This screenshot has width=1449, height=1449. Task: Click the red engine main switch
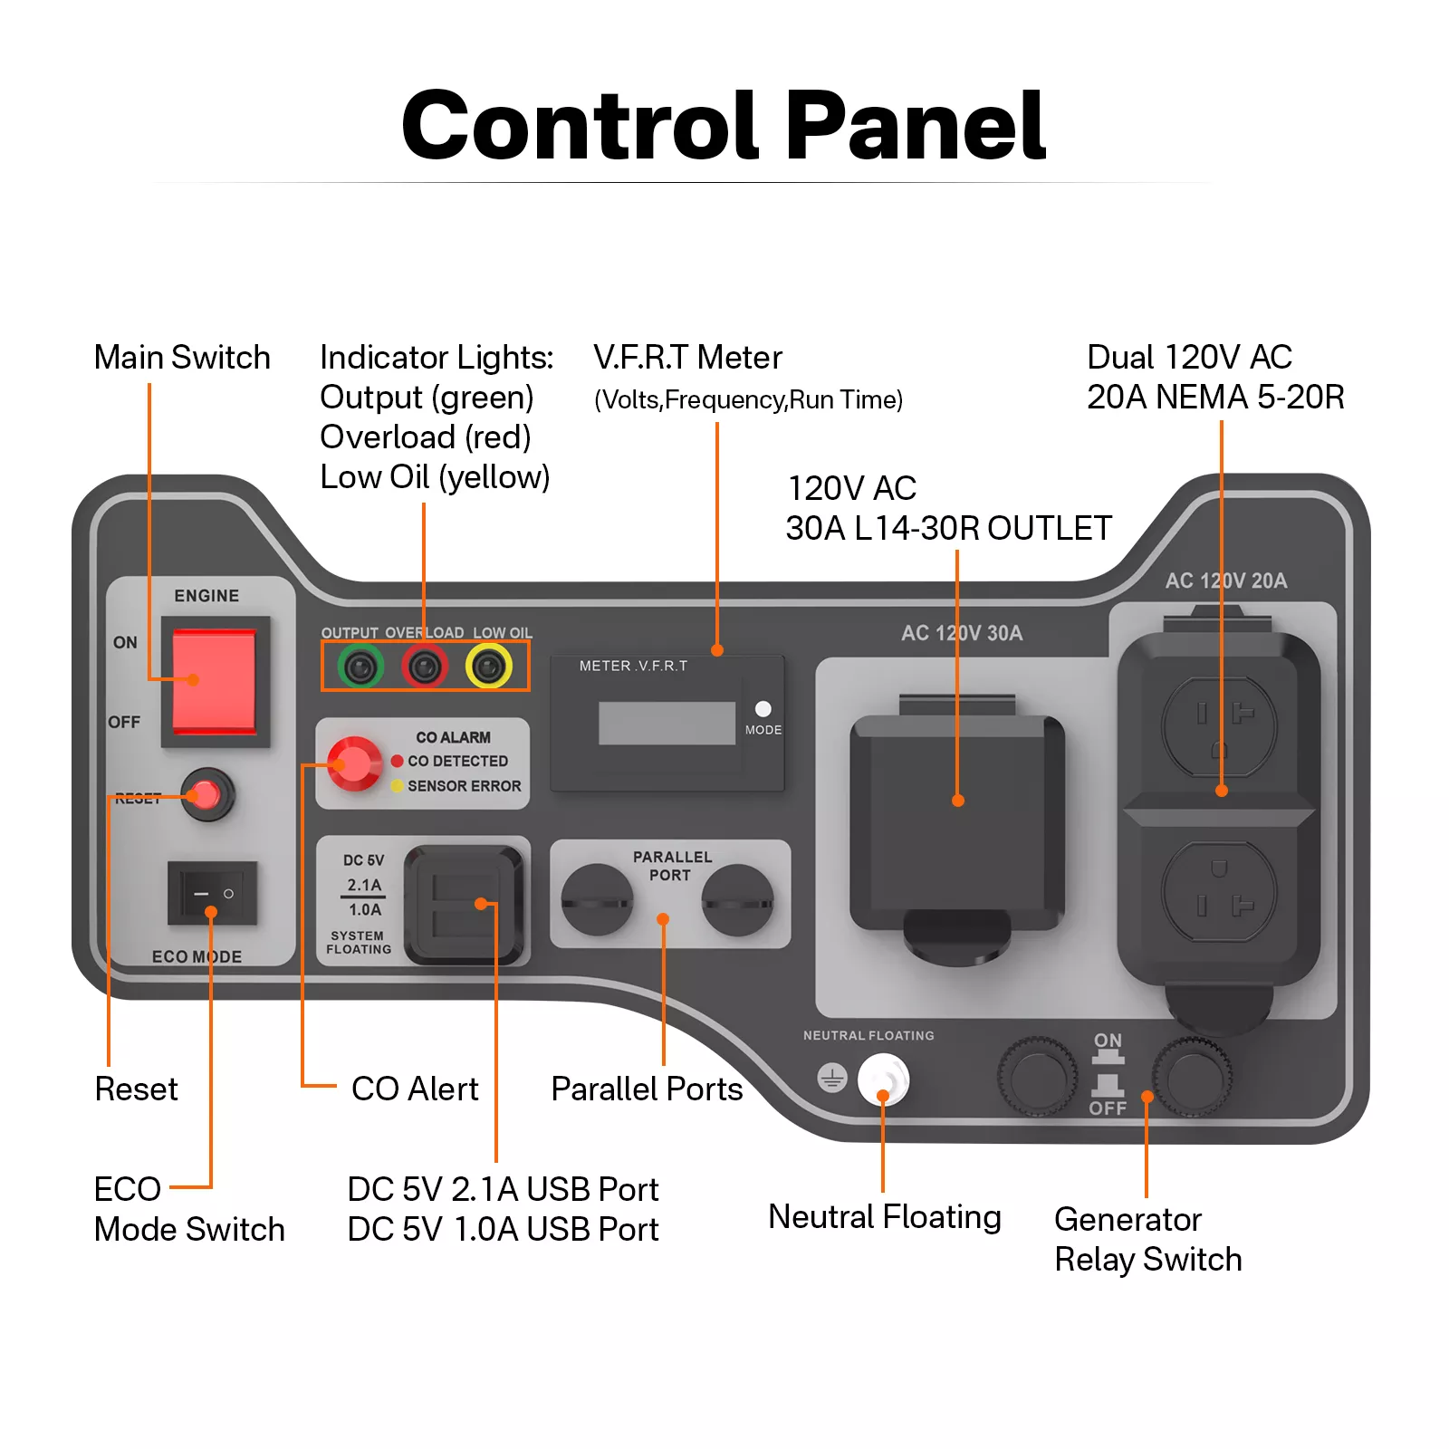click(215, 682)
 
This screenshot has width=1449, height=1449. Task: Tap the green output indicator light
click(360, 667)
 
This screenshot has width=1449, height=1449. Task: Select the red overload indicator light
click(424, 667)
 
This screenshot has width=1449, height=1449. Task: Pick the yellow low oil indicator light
click(489, 667)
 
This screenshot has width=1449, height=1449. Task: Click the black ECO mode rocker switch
click(213, 893)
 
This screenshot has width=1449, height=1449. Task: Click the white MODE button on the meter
click(763, 709)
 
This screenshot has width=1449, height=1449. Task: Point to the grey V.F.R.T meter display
click(667, 723)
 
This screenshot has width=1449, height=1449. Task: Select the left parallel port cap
click(597, 899)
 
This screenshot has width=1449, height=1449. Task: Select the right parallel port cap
click(738, 899)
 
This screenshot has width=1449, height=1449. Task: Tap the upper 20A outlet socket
click(1219, 726)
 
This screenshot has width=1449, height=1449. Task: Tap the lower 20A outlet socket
click(1219, 891)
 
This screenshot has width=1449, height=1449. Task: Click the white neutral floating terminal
click(883, 1080)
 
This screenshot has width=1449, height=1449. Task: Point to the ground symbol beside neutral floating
click(831, 1078)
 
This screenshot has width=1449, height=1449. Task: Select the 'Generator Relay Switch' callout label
click(1147, 1239)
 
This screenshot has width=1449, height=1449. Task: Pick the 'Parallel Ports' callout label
click(647, 1089)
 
